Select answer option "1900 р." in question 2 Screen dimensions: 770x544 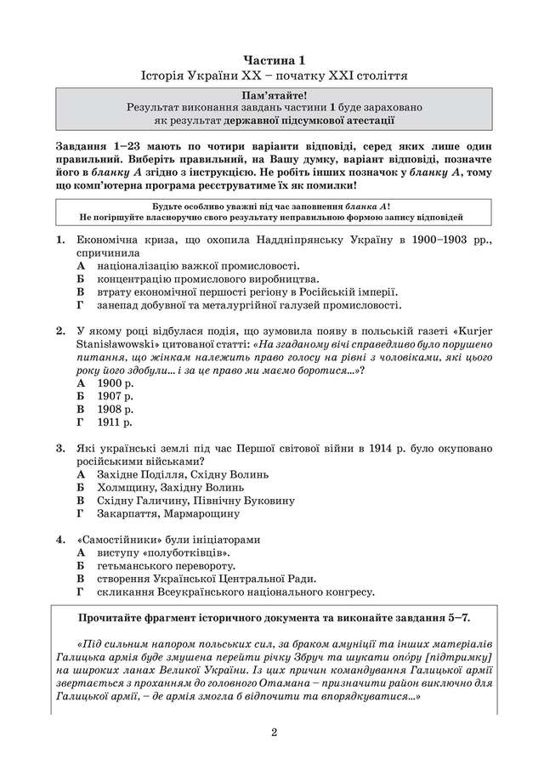[116, 382]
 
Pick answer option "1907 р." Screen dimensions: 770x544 [116, 395]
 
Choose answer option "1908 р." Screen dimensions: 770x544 [116, 408]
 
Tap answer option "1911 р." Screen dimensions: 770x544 [116, 421]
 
